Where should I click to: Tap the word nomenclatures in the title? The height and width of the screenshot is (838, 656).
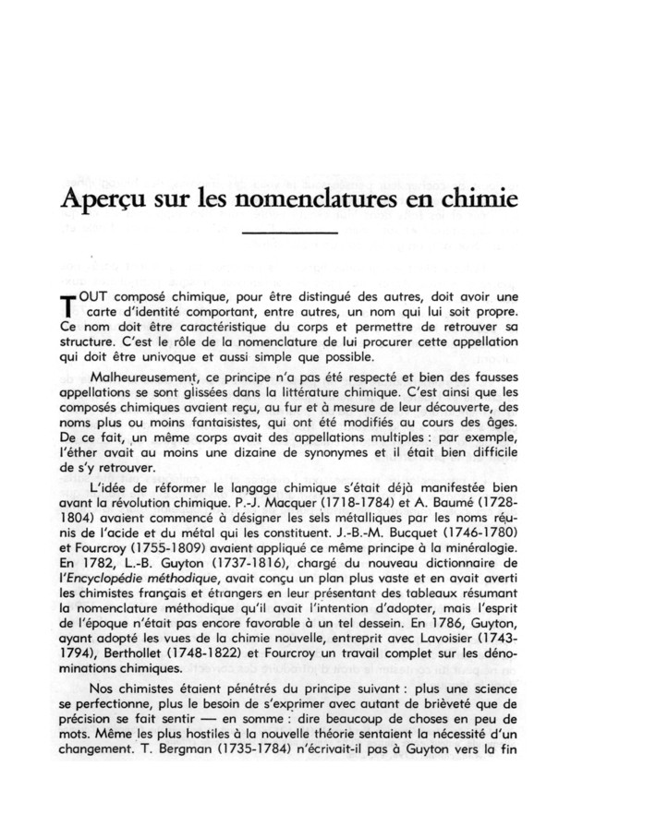337,199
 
